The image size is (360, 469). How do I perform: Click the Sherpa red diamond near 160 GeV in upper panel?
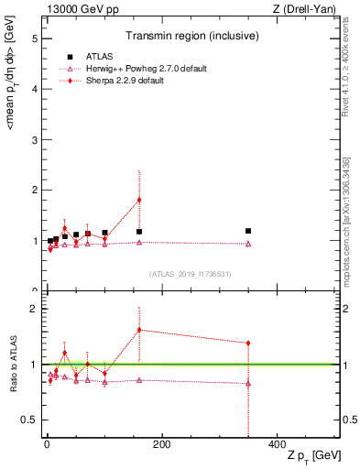point(139,200)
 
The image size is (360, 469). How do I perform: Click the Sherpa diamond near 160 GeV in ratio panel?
point(139,330)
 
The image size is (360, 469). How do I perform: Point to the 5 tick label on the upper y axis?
point(33,39)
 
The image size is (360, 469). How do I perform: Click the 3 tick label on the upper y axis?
point(33,140)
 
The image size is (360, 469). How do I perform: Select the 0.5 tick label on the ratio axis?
point(29,420)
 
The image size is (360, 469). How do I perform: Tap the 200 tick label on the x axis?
point(162,446)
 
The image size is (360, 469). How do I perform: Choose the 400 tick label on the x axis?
point(276,446)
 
